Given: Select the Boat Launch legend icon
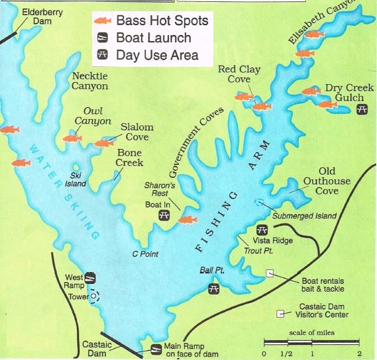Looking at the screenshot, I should pyautogui.click(x=103, y=38).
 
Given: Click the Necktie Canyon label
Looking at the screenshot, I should pyautogui.click(x=89, y=81).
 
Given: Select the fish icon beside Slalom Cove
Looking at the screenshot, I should pyautogui.click(x=104, y=142).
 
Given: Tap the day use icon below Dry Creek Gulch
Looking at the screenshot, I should pyautogui.click(x=362, y=110).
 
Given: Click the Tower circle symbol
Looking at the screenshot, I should pyautogui.click(x=95, y=296).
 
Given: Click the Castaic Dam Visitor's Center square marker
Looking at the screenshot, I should pyautogui.click(x=281, y=312).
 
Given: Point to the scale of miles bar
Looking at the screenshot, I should pyautogui.click(x=311, y=342).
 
